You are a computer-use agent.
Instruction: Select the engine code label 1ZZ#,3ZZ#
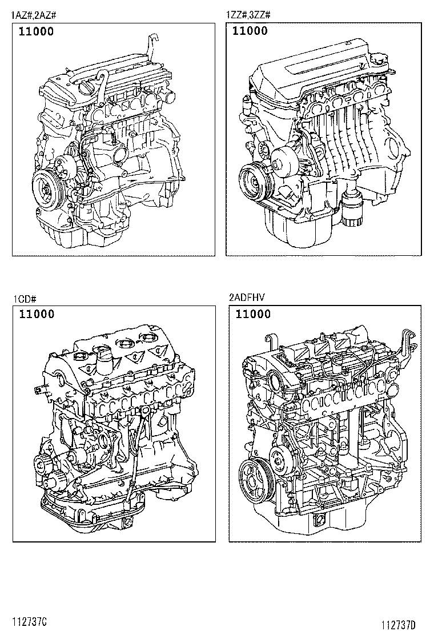coord(250,15)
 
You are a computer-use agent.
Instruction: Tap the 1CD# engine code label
coord(25,299)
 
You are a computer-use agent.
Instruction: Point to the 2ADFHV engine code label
coord(246,298)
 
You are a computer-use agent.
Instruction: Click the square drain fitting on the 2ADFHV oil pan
coord(319,520)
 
